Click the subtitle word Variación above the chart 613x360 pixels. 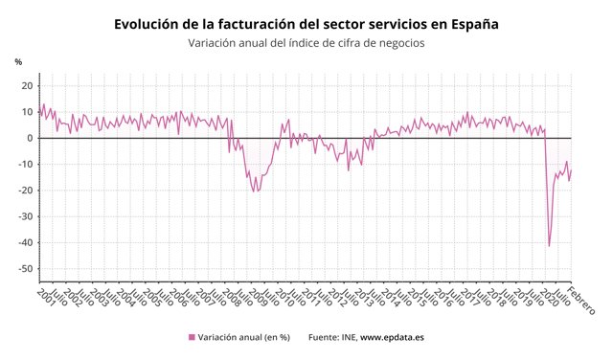[216, 42]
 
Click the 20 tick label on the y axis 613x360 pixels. [29, 86]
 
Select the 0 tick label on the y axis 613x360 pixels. [32, 138]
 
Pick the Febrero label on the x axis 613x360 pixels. [580, 300]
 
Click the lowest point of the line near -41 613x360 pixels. [549, 246]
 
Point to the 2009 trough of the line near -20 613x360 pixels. [255, 191]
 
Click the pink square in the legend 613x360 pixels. [192, 337]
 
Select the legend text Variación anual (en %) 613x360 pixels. [244, 337]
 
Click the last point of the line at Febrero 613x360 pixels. [571, 169]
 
